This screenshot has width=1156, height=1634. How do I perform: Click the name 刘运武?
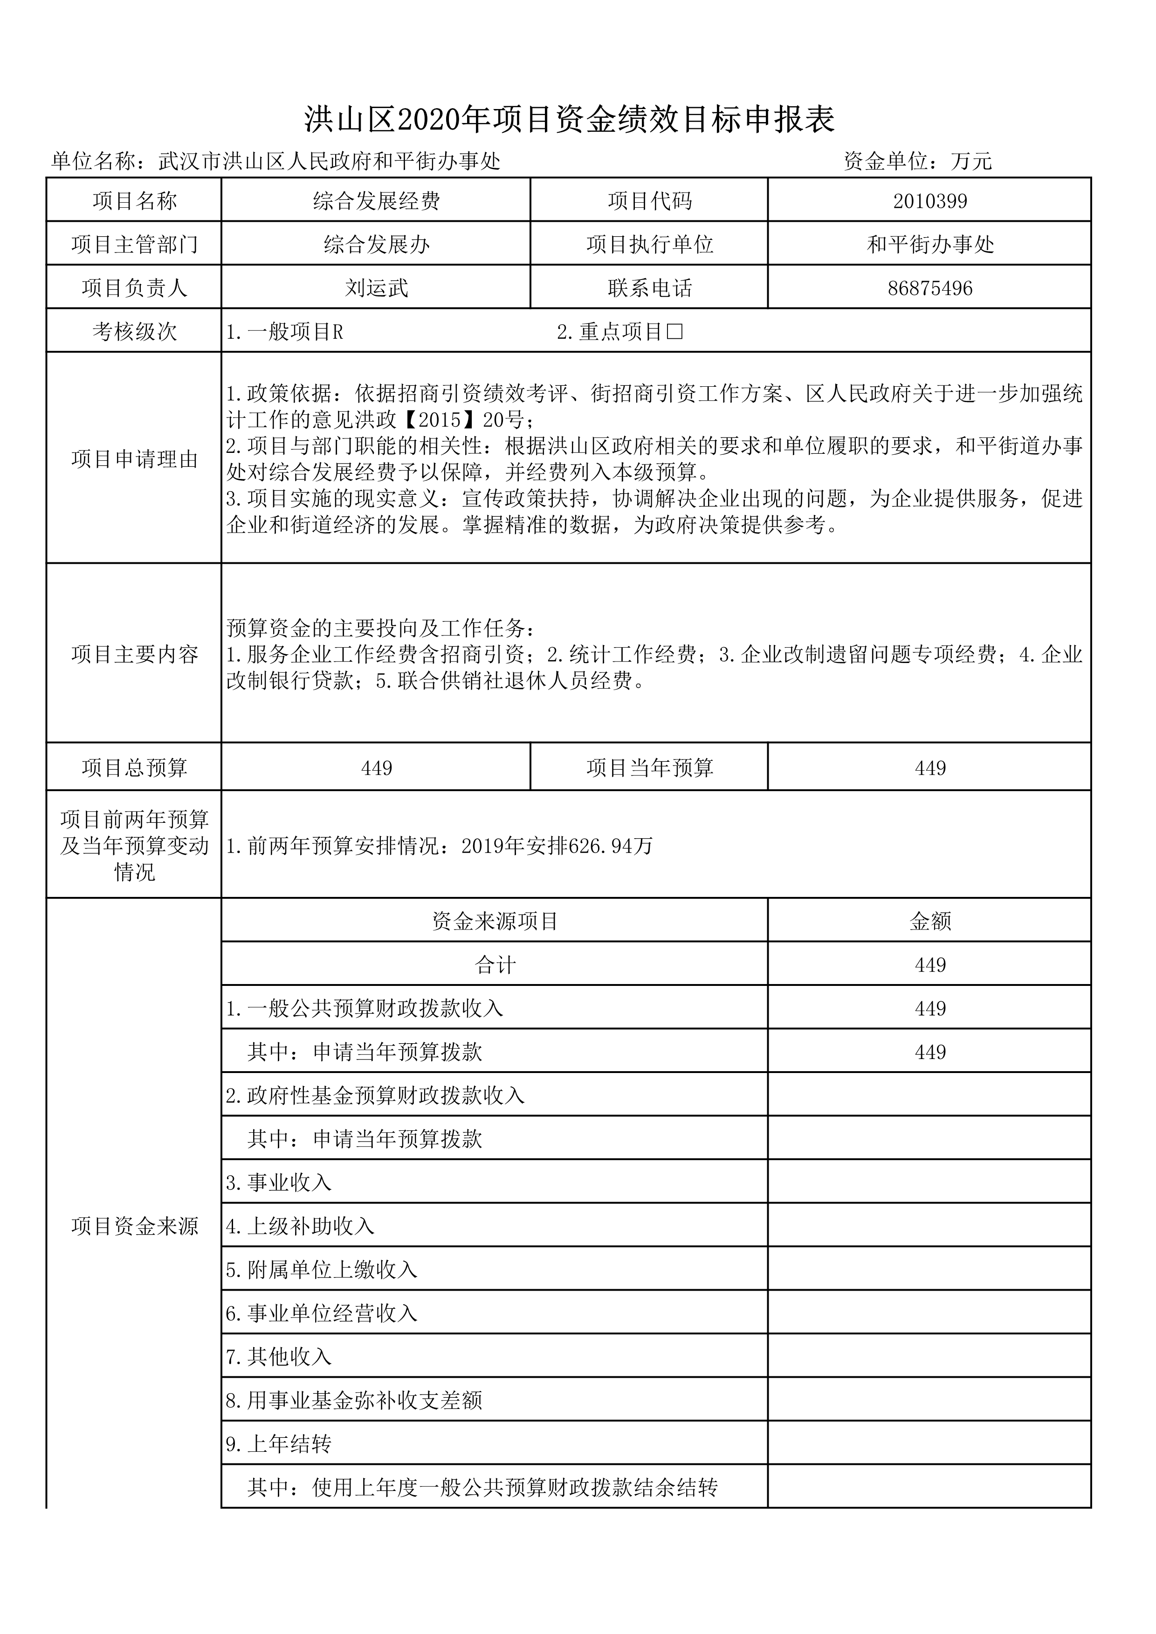tap(377, 288)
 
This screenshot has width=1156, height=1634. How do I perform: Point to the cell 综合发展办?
tap(377, 245)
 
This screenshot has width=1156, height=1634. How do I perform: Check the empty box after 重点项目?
tap(675, 332)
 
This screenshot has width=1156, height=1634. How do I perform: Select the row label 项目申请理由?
tap(135, 459)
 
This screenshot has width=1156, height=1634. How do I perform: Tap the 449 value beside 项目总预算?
tap(377, 768)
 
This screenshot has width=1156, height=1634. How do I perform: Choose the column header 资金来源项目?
tap(495, 922)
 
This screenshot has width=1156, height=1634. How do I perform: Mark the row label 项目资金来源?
tap(135, 1226)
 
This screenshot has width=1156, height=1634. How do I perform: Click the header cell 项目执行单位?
tap(649, 245)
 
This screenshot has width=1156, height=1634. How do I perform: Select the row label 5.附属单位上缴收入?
tap(322, 1270)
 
